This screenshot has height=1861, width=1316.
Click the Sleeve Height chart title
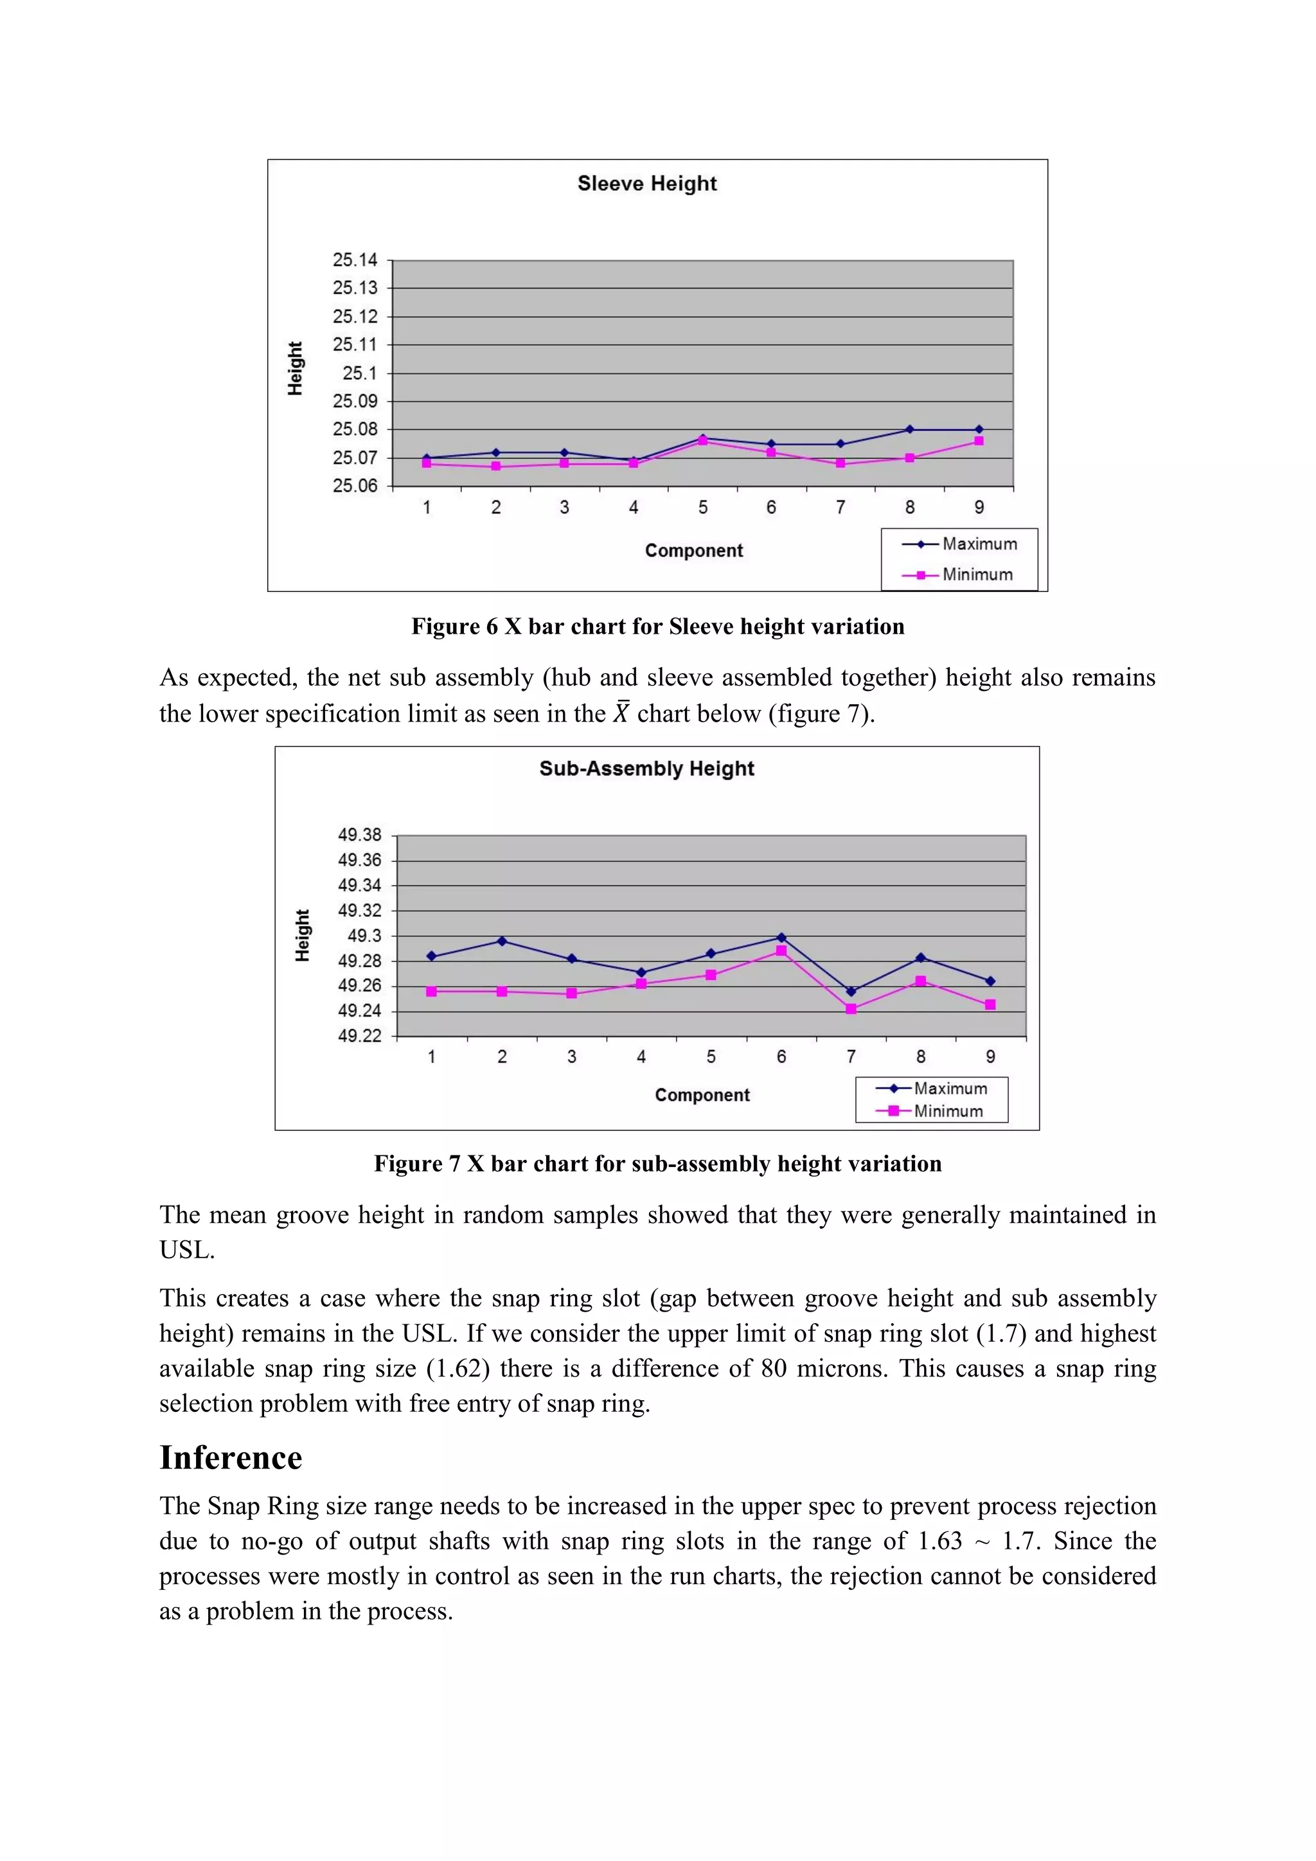pos(646,184)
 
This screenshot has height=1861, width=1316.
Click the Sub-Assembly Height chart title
pos(646,769)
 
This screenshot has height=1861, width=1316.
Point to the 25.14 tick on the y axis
pos(355,260)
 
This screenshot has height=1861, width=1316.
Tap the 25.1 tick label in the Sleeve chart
pos(360,373)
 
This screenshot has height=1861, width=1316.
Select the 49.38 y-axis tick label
pos(360,835)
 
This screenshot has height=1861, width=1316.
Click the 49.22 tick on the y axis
pos(360,1036)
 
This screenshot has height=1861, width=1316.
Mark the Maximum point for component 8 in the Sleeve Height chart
pos(909,430)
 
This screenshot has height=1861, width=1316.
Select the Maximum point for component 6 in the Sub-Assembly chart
pos(781,938)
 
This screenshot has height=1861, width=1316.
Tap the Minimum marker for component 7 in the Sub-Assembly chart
pos(851,1009)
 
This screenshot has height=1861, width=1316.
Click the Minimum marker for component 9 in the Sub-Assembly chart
pos(990,1005)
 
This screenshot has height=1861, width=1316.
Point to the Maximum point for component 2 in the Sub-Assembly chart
pos(502,941)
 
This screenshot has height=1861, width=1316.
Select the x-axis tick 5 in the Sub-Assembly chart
pos(711,1057)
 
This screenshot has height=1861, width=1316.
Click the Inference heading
pos(231,1457)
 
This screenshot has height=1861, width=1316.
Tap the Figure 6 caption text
pos(657,627)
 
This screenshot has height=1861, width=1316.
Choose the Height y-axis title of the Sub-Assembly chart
pos(302,936)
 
